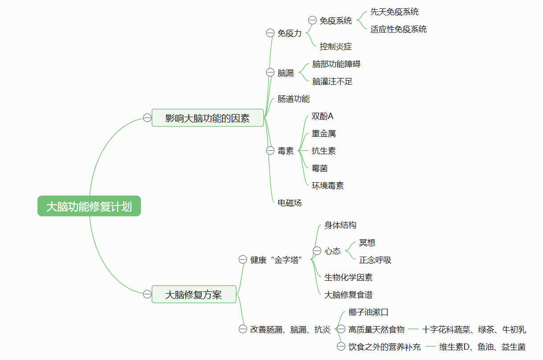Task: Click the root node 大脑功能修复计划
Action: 89,206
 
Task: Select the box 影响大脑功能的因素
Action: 208,118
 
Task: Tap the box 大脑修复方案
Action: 194,295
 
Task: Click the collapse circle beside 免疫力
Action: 270,33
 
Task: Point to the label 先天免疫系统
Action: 394,12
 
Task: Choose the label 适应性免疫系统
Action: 398,29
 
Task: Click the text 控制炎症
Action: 335,46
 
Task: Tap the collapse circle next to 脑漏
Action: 270,72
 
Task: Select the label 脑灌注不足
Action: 332,81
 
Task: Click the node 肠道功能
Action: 293,98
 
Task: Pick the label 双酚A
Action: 323,116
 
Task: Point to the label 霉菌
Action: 320,168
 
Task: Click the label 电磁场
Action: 290,203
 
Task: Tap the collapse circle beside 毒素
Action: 270,151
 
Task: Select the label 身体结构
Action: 340,225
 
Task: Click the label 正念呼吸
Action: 375,260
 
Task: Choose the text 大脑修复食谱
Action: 348,295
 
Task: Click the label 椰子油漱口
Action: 368,312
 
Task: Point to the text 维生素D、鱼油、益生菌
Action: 482,347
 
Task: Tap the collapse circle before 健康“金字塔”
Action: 243,260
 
